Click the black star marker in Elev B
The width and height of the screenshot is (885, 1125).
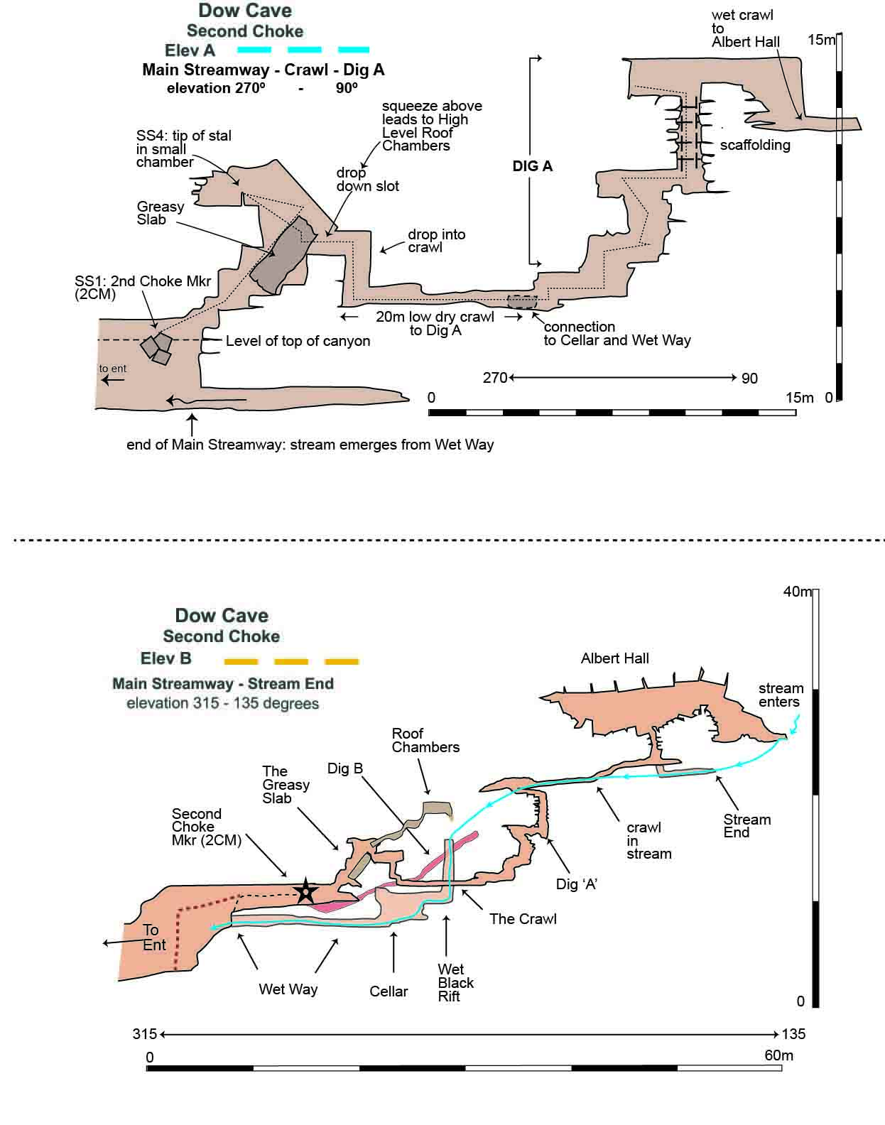[305, 891]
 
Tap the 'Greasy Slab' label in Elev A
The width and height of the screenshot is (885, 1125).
[160, 213]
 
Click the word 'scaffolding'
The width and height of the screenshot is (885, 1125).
[755, 145]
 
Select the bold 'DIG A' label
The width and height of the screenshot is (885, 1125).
[532, 166]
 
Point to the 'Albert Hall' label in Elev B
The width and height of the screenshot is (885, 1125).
[614, 658]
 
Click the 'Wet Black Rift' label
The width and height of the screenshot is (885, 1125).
[455, 983]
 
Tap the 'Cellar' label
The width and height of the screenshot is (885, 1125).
[389, 991]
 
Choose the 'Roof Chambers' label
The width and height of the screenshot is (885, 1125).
[425, 740]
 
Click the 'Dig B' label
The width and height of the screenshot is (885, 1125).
[345, 768]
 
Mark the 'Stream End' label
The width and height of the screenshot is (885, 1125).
[746, 826]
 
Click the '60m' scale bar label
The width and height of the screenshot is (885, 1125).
[778, 1055]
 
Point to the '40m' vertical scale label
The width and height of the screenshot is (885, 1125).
[797, 592]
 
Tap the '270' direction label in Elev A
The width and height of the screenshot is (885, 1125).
[495, 378]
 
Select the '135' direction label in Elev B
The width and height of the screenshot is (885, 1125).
[793, 1034]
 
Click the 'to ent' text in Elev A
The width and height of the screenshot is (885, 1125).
[113, 369]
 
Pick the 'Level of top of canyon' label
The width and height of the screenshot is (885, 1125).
[298, 342]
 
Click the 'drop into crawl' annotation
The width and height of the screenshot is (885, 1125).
[436, 241]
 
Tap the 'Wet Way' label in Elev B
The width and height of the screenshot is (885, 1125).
[288, 989]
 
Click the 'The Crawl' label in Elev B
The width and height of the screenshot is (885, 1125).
[523, 919]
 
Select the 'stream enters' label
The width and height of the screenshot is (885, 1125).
[780, 695]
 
